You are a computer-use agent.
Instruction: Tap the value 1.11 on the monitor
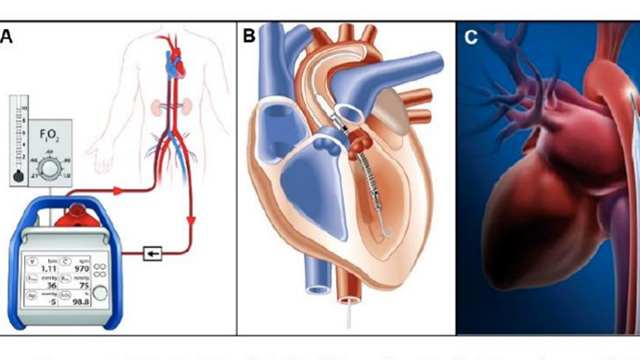(48, 269)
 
